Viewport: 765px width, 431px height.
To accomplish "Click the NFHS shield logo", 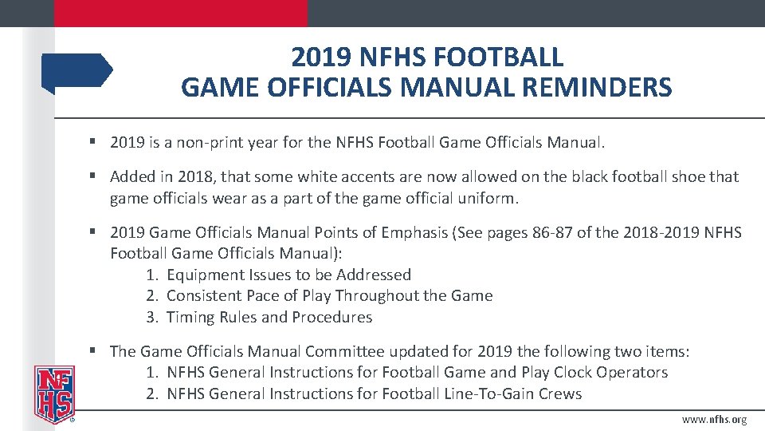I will click(53, 393).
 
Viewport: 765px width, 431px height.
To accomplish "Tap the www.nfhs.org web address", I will click(714, 420).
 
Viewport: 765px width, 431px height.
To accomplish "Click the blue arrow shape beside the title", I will click(77, 71).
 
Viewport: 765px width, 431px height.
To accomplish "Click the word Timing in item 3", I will click(190, 317).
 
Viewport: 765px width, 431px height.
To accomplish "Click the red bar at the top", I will click(180, 13).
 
